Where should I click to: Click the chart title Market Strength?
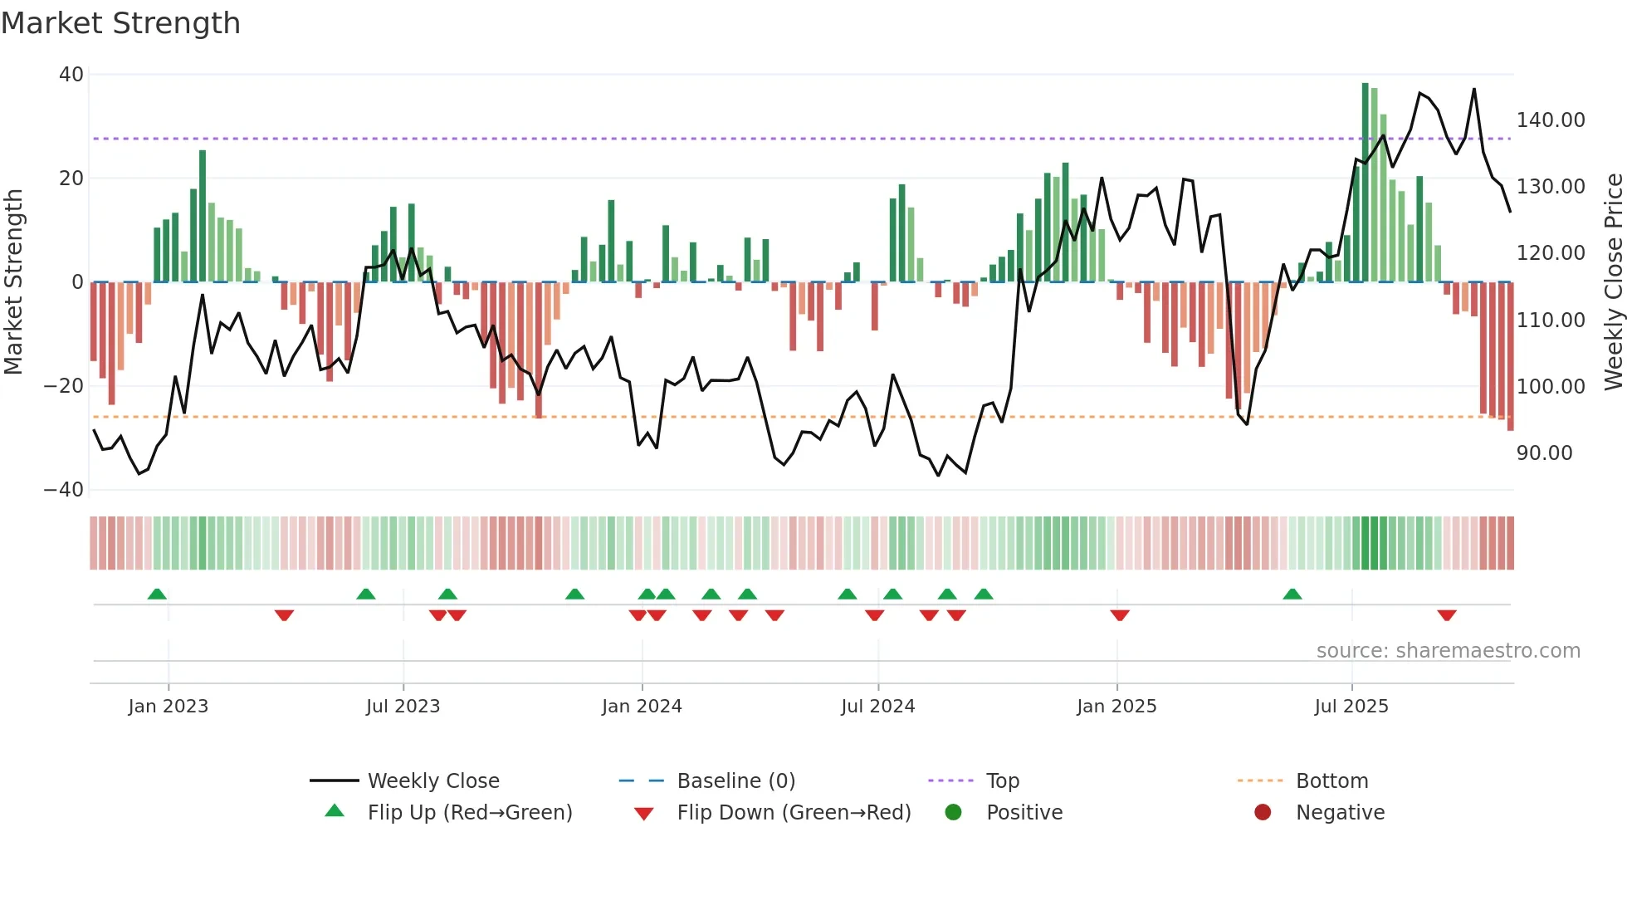(120, 23)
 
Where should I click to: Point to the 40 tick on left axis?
(71, 75)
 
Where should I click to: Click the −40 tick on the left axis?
(64, 490)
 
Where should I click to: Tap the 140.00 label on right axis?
(1551, 120)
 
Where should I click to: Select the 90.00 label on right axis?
(1545, 453)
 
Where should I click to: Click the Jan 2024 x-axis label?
(642, 707)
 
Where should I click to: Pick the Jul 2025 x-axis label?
(1351, 707)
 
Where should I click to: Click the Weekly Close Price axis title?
(1613, 282)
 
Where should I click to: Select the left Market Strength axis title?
(13, 282)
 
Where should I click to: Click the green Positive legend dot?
(953, 813)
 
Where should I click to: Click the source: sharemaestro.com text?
(1448, 651)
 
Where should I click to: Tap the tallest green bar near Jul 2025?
(1365, 183)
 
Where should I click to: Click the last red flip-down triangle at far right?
(1447, 615)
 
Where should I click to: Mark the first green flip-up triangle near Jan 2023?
(157, 594)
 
